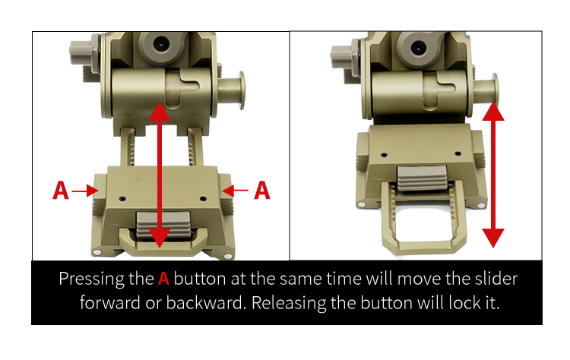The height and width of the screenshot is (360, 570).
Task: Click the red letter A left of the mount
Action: click(x=61, y=191)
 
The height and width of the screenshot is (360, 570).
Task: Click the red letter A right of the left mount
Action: click(x=262, y=191)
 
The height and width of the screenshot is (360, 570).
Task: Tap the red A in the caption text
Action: click(x=164, y=279)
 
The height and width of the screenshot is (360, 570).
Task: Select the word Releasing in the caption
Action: click(x=286, y=303)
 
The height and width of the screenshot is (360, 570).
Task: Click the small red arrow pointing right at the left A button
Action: click(x=85, y=191)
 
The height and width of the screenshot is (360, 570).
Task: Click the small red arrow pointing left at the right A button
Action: click(x=235, y=190)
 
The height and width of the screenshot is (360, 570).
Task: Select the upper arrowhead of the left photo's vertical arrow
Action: click(x=160, y=111)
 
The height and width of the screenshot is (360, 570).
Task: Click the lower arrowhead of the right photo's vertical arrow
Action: click(x=493, y=238)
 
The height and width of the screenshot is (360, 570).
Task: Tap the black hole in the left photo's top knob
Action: click(x=160, y=44)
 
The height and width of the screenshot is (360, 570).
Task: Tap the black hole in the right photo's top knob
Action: click(x=419, y=48)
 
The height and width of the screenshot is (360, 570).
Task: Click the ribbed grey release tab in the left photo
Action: click(x=163, y=225)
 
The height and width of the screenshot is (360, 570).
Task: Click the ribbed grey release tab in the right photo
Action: click(x=422, y=178)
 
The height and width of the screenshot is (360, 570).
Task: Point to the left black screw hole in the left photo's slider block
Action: click(x=122, y=199)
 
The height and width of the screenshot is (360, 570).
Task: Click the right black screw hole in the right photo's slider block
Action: click(x=458, y=153)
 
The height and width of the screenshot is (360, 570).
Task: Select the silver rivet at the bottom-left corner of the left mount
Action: click(x=97, y=252)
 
